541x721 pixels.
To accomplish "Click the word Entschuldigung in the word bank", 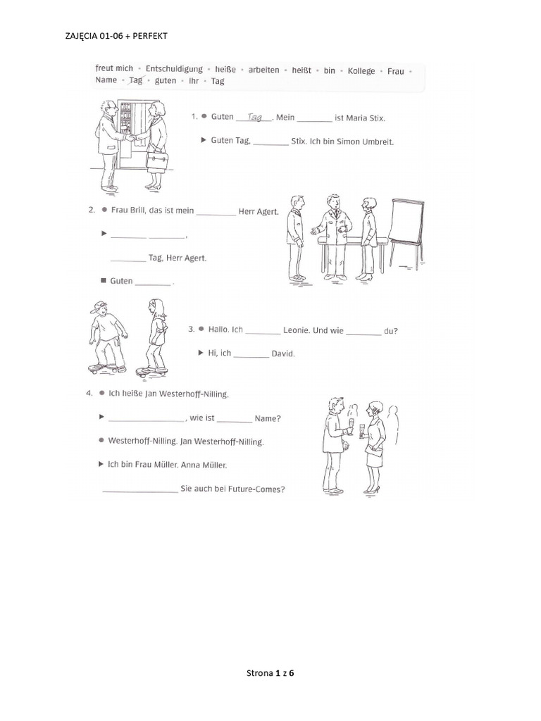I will pyautogui.click(x=174, y=69).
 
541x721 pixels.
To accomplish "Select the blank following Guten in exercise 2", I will pyautogui.click(x=153, y=282).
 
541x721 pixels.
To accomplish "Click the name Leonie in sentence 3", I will pyautogui.click(x=297, y=330).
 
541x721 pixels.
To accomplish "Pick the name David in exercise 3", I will pyautogui.click(x=283, y=353).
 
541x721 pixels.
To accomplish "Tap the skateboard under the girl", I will pyautogui.click(x=151, y=370).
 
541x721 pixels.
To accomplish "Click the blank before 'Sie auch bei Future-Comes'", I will pyautogui.click(x=140, y=490).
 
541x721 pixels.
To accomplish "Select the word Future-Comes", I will pyautogui.click(x=260, y=490).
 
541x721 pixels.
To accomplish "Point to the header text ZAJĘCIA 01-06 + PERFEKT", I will pyautogui.click(x=116, y=35).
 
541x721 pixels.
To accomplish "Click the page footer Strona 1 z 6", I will pyautogui.click(x=270, y=674).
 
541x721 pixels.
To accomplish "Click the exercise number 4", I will pyautogui.click(x=89, y=393).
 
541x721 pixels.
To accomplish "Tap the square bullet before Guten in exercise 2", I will pyautogui.click(x=104, y=280).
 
